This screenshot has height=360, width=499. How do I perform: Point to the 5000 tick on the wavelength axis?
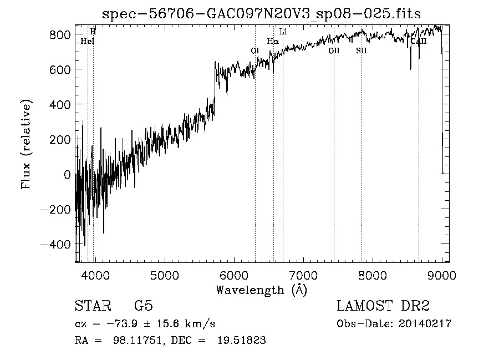click(164, 275)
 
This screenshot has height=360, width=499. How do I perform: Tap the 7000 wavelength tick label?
click(303, 275)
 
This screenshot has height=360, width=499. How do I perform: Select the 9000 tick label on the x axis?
click(442, 275)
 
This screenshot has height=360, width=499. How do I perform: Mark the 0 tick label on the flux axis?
click(67, 175)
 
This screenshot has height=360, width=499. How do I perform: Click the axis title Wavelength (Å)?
click(261, 289)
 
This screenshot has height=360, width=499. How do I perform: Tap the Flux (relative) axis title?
click(26, 144)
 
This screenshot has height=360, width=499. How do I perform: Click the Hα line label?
click(273, 41)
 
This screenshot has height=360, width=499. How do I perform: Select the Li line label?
click(283, 32)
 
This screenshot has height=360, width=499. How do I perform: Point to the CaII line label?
click(418, 41)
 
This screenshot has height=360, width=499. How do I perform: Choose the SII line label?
click(361, 50)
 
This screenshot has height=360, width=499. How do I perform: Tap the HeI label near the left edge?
click(88, 41)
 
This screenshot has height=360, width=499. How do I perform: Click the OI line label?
click(255, 50)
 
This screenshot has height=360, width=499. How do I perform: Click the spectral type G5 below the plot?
click(143, 306)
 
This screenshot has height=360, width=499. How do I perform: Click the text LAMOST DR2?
click(383, 306)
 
